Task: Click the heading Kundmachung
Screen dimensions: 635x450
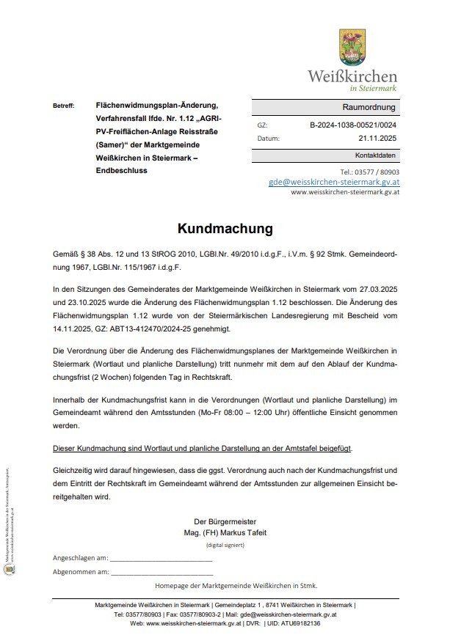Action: pyautogui.click(x=225, y=229)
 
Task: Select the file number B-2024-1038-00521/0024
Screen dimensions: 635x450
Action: pyautogui.click(x=353, y=125)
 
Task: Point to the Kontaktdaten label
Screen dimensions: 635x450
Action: pyautogui.click(x=375, y=156)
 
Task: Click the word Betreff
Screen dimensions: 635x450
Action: pyautogui.click(x=63, y=106)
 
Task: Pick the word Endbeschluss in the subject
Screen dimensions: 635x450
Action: pyautogui.click(x=121, y=170)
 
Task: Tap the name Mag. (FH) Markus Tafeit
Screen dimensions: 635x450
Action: pyautogui.click(x=225, y=533)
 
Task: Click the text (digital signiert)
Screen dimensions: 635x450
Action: pyautogui.click(x=225, y=546)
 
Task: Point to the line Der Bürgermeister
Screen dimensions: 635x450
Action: pyautogui.click(x=225, y=521)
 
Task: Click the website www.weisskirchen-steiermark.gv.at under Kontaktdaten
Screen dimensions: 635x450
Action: pyautogui.click(x=344, y=192)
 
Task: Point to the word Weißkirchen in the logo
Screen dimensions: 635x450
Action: pyautogui.click(x=352, y=76)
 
